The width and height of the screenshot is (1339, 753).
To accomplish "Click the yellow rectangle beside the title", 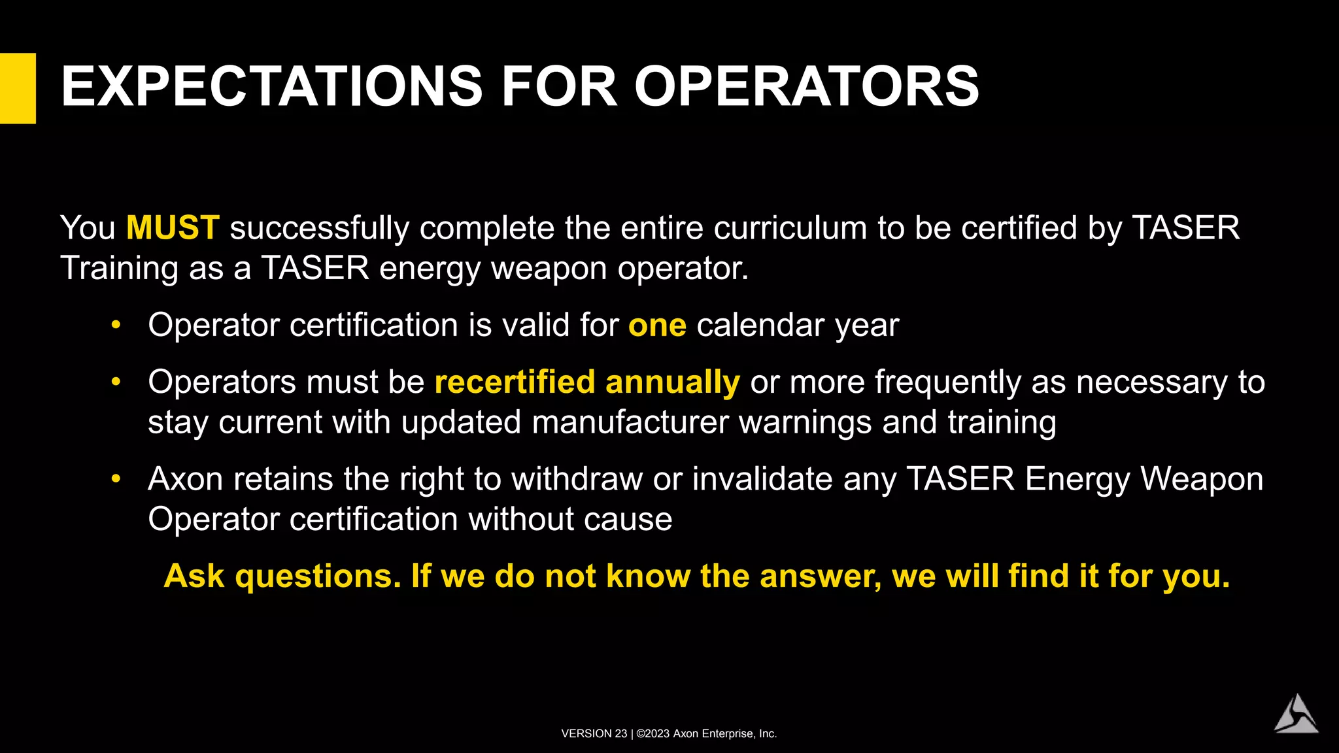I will [x=18, y=88].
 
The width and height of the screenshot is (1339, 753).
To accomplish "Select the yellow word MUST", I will [x=173, y=228].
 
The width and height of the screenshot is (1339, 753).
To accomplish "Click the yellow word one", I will [x=657, y=326].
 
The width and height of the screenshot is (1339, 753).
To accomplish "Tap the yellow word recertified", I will [x=515, y=382].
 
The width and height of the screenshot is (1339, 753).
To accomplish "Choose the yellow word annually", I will [x=673, y=382].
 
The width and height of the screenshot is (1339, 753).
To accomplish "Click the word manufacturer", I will [x=630, y=422].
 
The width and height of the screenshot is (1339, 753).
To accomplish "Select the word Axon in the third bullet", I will [x=186, y=479].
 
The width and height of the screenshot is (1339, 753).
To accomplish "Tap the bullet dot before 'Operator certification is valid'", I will [x=116, y=325].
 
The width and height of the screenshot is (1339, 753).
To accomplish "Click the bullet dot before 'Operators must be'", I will [x=116, y=382].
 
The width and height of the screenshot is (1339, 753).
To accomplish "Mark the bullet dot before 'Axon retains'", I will [x=116, y=479].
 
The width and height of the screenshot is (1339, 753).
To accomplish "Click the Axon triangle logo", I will [x=1296, y=714].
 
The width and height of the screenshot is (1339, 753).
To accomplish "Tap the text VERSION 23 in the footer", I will [x=594, y=734].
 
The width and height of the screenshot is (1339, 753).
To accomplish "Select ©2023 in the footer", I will [x=653, y=734].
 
